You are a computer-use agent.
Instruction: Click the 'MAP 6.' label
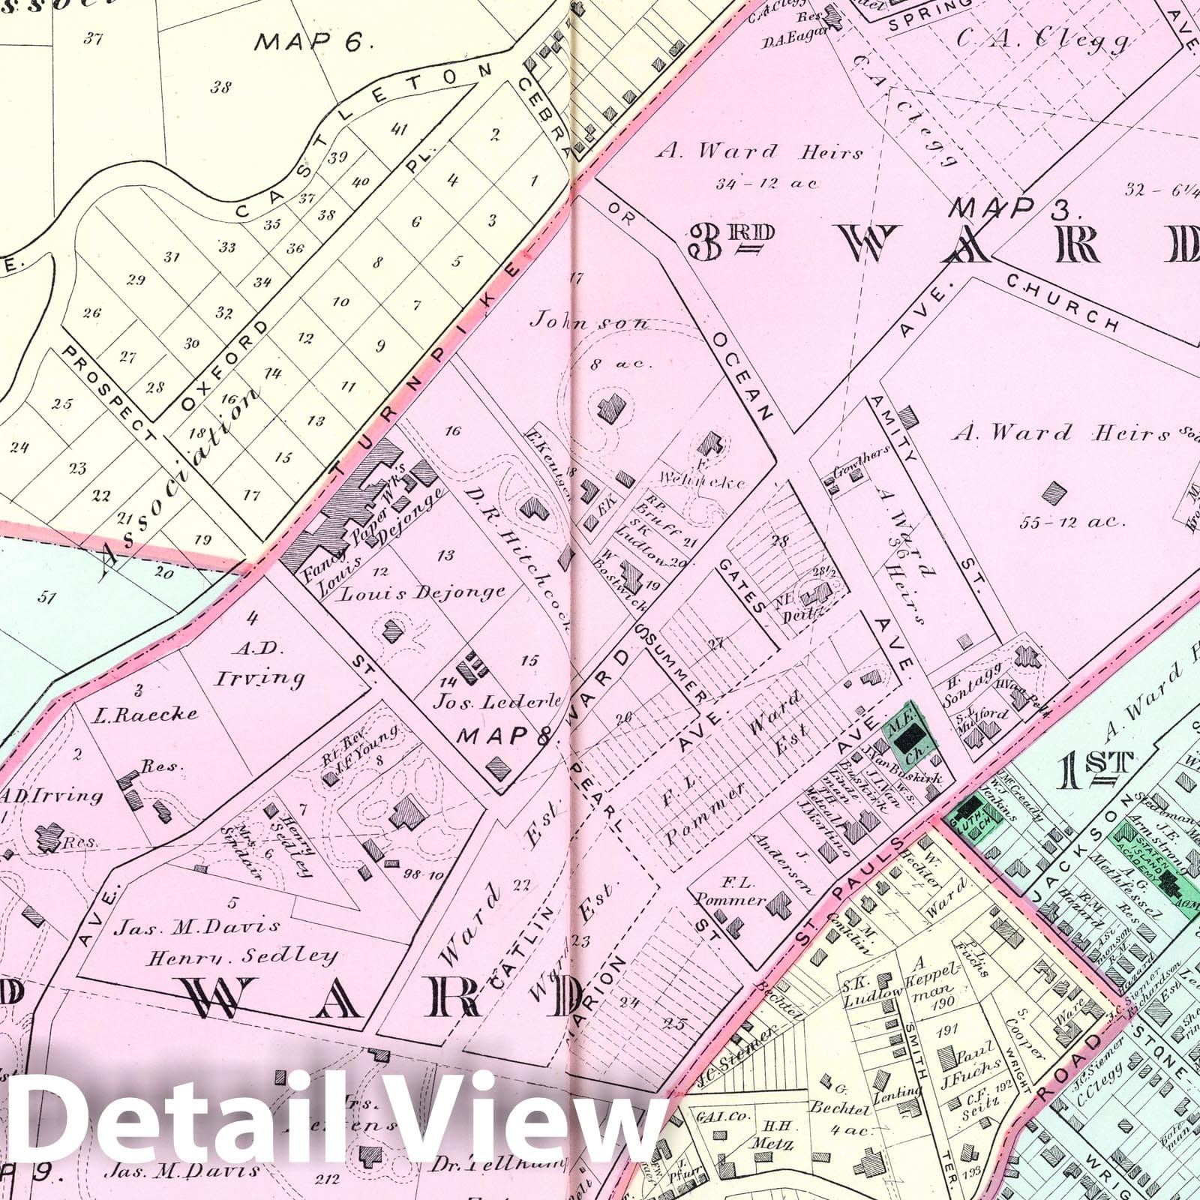pos(313,41)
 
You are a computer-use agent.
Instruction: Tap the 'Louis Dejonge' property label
pos(424,592)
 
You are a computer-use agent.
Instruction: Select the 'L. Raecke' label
pos(156,711)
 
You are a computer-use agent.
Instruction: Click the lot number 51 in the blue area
pos(47,597)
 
